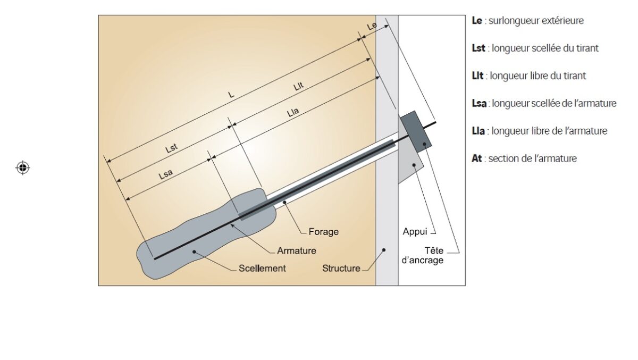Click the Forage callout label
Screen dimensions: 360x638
click(x=323, y=232)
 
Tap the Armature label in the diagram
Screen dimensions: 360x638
click(x=296, y=250)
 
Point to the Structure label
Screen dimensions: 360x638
click(x=341, y=269)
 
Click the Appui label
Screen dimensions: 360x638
click(x=415, y=232)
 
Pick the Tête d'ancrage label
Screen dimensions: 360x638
click(x=426, y=256)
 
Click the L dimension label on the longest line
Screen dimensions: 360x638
click(x=231, y=94)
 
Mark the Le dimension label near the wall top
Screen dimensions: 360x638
click(x=372, y=26)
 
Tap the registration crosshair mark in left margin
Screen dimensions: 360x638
click(x=22, y=168)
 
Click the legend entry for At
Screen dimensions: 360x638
click(x=524, y=158)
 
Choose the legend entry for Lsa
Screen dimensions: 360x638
click(x=544, y=103)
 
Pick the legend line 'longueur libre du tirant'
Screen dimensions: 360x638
click(x=528, y=76)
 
